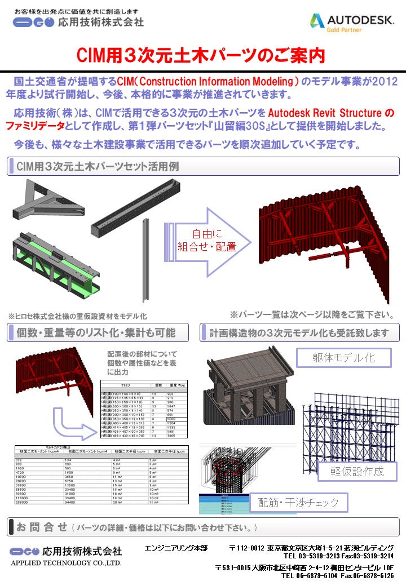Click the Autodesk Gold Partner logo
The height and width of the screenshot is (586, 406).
(x=351, y=22)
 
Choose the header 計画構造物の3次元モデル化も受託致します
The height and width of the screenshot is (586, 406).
(x=299, y=332)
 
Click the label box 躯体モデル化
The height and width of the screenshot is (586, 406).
(x=343, y=357)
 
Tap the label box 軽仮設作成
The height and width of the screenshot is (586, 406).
(x=356, y=471)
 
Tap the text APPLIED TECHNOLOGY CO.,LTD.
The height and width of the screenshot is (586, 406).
(x=66, y=562)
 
